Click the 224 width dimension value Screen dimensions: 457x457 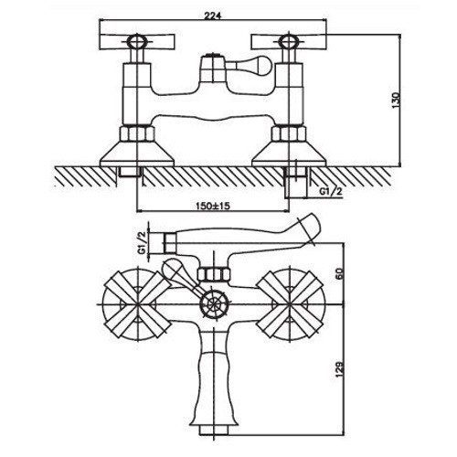tap(212, 16)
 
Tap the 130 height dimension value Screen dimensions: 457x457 tap(396, 101)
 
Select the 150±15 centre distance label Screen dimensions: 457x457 tap(213, 206)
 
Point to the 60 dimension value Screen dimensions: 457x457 tap(340, 273)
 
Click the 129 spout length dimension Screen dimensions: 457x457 tap(340, 368)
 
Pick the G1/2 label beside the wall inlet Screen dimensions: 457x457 tap(331, 191)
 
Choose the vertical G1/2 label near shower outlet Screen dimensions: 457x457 tap(143, 243)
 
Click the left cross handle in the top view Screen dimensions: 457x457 tap(137, 42)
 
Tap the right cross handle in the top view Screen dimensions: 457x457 tap(289, 42)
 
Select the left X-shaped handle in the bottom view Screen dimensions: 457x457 tap(137, 304)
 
